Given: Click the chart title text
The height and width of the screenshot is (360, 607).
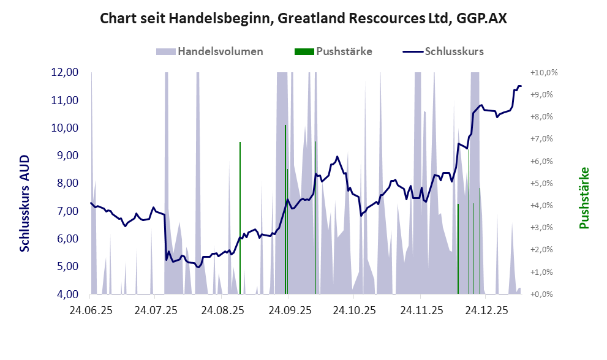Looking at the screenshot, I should click(303, 19).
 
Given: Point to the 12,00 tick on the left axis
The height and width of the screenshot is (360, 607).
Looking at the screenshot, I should click(64, 72).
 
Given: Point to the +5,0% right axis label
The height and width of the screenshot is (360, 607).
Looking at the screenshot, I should click(545, 183).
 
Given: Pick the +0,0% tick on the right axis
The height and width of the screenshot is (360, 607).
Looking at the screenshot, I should click(545, 294).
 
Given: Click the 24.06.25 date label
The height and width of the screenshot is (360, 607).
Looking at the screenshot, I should click(91, 310).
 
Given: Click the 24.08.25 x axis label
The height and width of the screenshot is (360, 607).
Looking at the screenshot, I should click(222, 310).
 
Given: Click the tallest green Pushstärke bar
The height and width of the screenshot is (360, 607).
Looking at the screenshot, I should click(285, 208).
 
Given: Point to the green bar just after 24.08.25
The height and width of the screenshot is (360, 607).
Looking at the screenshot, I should click(240, 218).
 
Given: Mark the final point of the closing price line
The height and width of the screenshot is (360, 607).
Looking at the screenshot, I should click(521, 86).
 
